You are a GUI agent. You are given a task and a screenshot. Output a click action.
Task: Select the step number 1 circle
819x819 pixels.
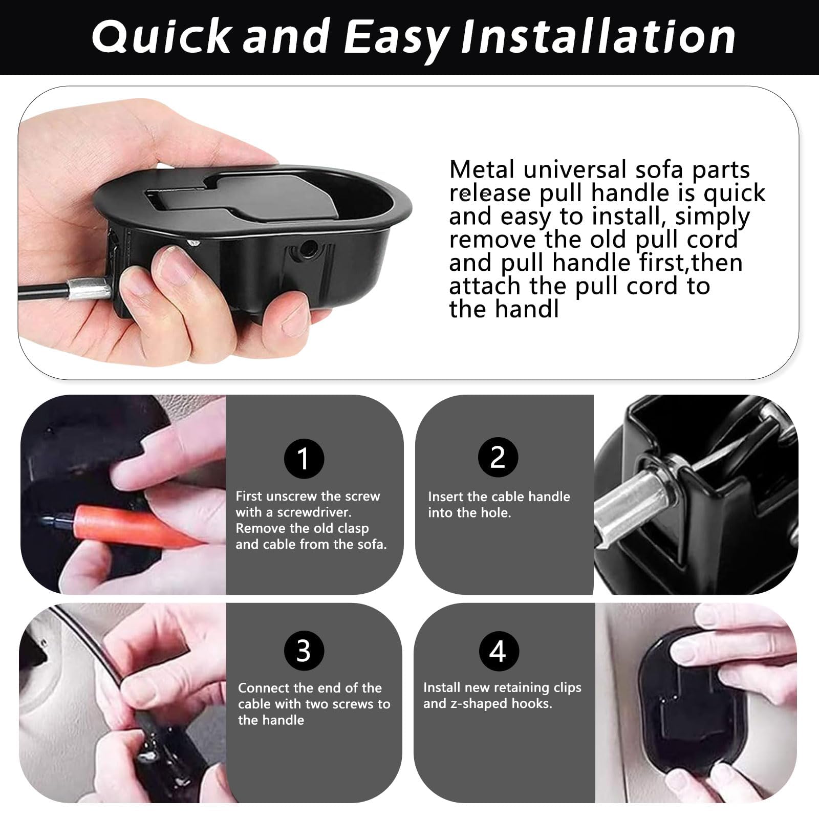click(304, 458)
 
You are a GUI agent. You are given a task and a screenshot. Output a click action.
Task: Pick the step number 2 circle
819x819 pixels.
click(498, 457)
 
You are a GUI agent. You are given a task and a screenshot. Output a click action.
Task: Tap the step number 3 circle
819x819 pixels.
click(304, 651)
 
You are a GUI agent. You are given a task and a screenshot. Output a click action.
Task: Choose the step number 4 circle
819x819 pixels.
click(499, 651)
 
